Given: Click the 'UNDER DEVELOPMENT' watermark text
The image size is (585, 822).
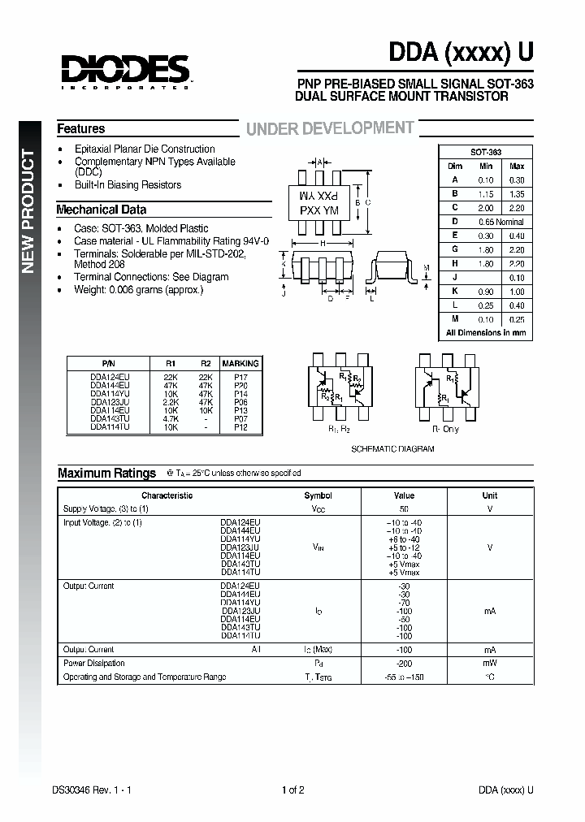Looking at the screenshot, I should pyautogui.click(x=330, y=128).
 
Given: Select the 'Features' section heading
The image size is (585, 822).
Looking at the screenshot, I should pyautogui.click(x=80, y=128).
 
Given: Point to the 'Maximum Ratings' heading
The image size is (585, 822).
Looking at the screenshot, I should pyautogui.click(x=106, y=473).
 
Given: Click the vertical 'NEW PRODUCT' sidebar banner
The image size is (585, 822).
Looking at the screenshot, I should pyautogui.click(x=28, y=211).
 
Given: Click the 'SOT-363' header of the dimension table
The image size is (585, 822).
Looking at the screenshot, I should pyautogui.click(x=486, y=153).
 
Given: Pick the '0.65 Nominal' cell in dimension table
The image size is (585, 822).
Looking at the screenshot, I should pyautogui.click(x=500, y=221).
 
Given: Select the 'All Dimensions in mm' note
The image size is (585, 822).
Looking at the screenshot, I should pyautogui.click(x=486, y=333).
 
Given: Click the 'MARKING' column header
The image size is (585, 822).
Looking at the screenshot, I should pyautogui.click(x=240, y=364).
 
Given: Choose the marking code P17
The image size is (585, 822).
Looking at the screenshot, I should pyautogui.click(x=240, y=376).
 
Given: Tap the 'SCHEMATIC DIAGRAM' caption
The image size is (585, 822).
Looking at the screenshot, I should pyautogui.click(x=392, y=449).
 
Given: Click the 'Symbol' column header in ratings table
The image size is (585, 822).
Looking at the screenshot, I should pyautogui.click(x=318, y=495).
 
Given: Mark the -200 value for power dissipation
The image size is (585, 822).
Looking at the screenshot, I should pyautogui.click(x=404, y=664).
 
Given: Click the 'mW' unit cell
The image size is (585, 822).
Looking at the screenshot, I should pyautogui.click(x=489, y=664).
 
